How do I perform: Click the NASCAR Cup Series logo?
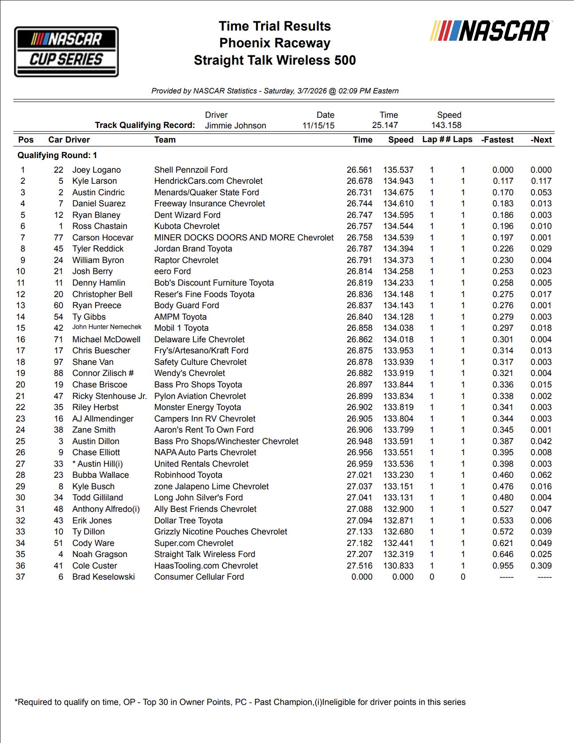[66, 51]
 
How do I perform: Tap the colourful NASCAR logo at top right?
[490, 31]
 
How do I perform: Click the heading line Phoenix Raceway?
[275, 43]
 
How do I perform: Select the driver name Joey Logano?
[97, 170]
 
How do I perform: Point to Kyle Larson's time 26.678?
[359, 181]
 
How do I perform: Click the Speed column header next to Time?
[400, 140]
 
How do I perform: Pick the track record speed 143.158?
[446, 125]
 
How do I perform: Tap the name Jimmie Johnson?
[235, 126]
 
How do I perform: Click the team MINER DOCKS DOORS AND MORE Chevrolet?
[244, 238]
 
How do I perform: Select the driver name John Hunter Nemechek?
[107, 327]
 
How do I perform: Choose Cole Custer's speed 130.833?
[398, 566]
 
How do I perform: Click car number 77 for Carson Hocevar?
[58, 238]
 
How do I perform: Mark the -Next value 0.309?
[541, 566]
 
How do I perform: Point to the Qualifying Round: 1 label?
[57, 155]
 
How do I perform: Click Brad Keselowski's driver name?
[103, 577]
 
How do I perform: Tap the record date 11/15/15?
[318, 126]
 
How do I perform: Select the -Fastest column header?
[497, 140]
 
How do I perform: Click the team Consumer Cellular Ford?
[199, 577]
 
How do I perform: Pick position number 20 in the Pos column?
[20, 385]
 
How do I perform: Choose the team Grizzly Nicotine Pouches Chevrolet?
[221, 532]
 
